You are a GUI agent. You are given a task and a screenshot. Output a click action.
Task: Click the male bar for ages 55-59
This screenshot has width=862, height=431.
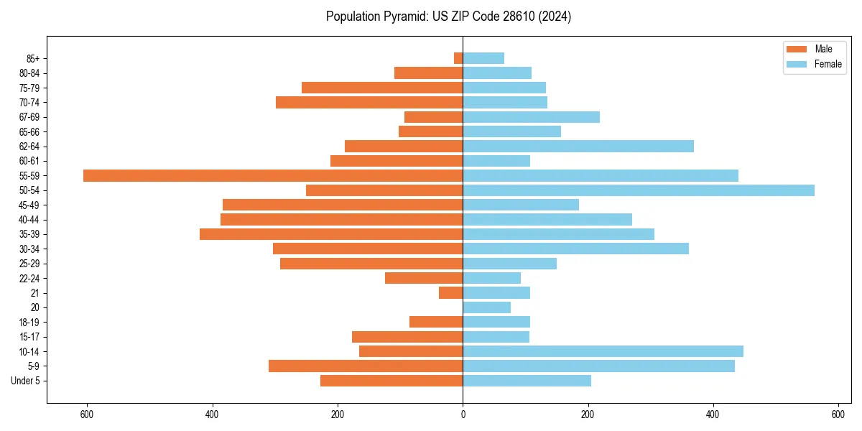(273, 175)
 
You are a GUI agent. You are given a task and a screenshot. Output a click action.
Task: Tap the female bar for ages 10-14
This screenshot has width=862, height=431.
(603, 351)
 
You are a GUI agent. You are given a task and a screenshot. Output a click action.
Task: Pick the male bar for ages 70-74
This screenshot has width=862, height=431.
(369, 102)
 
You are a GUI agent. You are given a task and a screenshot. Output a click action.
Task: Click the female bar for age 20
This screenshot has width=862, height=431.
(486, 307)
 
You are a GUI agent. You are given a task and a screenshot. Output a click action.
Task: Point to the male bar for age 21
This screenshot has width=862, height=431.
(450, 292)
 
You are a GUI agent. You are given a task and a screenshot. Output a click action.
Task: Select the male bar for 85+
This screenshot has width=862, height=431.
(458, 58)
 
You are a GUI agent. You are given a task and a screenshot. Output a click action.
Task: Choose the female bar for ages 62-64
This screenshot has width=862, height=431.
(578, 146)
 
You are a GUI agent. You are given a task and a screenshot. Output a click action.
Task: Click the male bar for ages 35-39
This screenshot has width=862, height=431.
(331, 234)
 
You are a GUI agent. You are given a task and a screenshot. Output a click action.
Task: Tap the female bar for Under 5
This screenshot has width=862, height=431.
(527, 381)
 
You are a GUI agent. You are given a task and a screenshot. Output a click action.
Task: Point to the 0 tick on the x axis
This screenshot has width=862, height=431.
(463, 414)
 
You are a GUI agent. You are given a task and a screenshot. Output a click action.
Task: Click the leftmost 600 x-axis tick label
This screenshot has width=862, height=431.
(87, 414)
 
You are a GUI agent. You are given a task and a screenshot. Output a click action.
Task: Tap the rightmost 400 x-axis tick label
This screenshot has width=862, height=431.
(713, 414)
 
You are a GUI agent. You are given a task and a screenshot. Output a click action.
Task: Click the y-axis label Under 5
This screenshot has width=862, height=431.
(26, 381)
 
